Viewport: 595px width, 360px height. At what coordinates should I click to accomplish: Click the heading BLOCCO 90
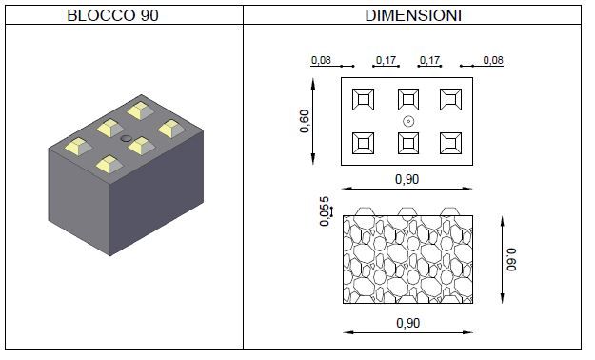click(112, 15)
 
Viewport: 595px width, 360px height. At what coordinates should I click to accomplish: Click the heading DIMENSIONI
click(413, 15)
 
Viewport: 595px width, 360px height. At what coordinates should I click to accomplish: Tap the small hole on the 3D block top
click(126, 138)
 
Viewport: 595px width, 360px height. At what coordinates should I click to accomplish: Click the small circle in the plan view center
click(408, 122)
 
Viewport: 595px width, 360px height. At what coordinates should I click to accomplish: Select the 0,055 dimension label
click(325, 211)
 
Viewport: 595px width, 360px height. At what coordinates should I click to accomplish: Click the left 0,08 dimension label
click(321, 60)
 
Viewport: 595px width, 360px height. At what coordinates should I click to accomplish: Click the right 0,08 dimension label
click(493, 60)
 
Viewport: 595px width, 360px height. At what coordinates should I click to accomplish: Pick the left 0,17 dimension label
click(386, 60)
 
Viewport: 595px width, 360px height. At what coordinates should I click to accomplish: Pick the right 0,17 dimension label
click(429, 60)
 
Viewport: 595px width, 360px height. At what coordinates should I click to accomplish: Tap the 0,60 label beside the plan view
click(305, 121)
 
